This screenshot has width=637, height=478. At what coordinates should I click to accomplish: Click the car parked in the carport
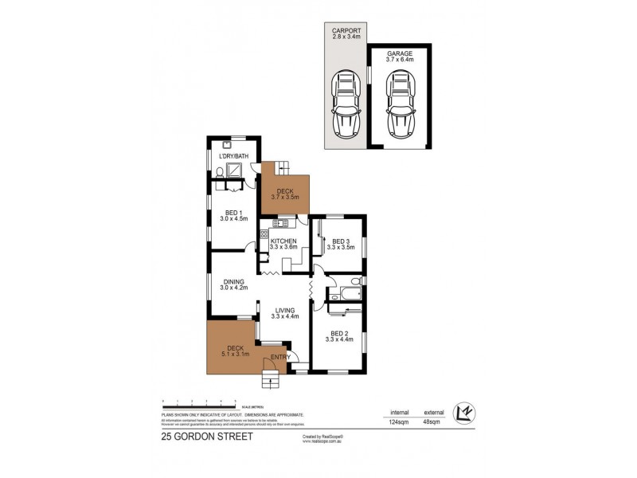click(345, 104)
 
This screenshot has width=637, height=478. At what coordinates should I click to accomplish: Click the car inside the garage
click(401, 104)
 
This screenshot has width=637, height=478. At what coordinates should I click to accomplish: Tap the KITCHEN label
click(283, 244)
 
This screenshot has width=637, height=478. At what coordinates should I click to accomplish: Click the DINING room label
click(234, 284)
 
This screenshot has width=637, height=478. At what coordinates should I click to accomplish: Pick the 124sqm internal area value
click(399, 422)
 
